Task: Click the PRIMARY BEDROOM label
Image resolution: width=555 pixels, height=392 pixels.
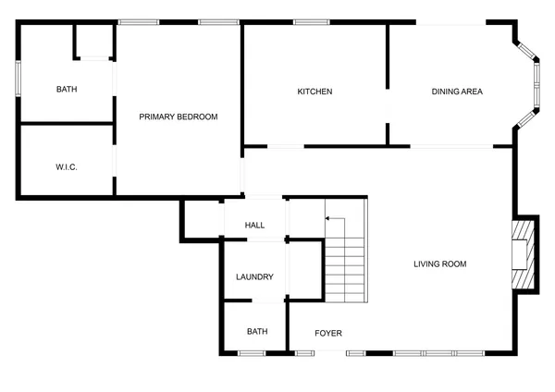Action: pos(178,116)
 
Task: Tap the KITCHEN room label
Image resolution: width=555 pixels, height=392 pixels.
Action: pos(314,92)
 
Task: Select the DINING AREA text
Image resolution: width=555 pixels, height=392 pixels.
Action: pos(457,92)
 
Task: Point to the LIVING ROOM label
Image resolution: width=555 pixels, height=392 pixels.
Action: pos(439,264)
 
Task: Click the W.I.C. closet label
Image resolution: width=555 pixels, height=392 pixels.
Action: pos(66,167)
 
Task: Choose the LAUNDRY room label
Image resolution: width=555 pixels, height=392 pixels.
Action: pos(254,277)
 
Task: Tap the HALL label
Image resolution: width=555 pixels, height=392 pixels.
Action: pos(254,226)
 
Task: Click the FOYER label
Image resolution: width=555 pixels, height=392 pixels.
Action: pos(328,333)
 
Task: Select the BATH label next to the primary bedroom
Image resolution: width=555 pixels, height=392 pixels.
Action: pos(67,90)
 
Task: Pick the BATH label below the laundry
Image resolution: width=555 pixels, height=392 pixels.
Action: pos(256,332)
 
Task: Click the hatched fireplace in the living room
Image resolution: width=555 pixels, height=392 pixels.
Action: pos(524,253)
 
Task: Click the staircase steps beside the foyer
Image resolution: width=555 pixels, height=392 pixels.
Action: pos(345,268)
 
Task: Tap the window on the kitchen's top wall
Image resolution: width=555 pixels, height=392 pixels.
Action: pos(306,22)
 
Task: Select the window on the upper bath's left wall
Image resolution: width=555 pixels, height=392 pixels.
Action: pos(18,78)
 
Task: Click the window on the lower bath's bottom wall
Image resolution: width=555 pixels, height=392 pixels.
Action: pos(252,353)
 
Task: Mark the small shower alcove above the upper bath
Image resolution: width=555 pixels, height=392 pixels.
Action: pos(92,41)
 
